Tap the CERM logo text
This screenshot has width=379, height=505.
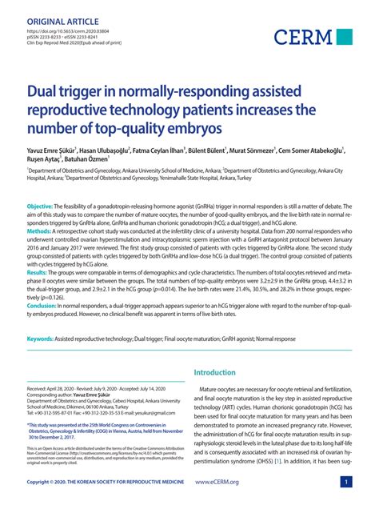tap(304, 37)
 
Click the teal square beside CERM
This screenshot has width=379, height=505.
tap(344, 37)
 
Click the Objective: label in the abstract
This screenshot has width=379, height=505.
tap(41, 206)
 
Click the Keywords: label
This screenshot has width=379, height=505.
tap(41, 339)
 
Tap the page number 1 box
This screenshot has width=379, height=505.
tap(346, 483)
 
